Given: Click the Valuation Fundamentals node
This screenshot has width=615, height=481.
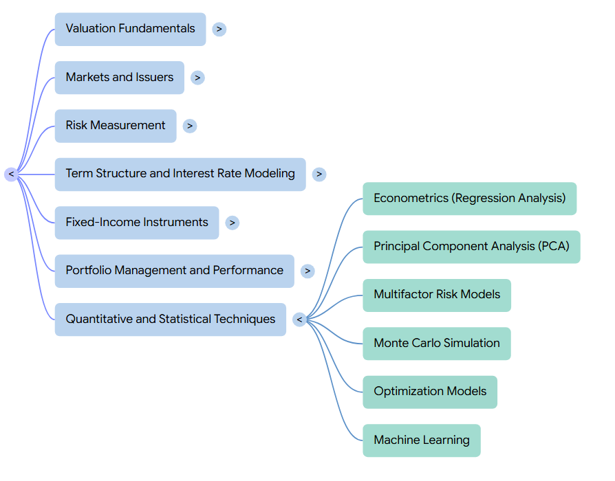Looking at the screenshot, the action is tap(130, 29).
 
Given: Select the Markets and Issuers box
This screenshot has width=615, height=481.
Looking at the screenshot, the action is tap(120, 78).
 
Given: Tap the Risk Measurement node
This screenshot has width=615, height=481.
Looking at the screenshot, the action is tap(116, 126).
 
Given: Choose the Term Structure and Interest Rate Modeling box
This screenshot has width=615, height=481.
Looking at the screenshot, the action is tap(180, 175).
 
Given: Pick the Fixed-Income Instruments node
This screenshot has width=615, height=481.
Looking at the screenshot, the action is tap(137, 223).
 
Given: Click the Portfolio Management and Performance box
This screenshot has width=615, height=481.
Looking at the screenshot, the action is tap(175, 271).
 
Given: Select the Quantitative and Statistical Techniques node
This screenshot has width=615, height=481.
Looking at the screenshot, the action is tap(171, 320).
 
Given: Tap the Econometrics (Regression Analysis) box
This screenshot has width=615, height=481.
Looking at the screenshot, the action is tap(469, 199).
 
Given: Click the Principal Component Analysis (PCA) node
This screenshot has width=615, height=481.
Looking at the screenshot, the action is tap(471, 247).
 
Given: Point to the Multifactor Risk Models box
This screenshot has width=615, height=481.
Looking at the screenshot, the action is tap(437, 295).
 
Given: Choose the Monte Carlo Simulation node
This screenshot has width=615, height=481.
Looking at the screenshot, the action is tap(437, 344).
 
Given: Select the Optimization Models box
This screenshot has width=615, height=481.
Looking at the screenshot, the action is tap(430, 392).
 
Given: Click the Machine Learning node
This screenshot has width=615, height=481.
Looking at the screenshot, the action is tap(422, 440).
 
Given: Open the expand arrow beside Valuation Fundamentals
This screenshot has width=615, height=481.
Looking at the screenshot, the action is tap(219, 29).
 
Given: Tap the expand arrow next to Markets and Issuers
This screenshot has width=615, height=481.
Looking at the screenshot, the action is tap(197, 78).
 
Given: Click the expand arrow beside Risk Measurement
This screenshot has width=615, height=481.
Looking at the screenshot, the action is tap(190, 126).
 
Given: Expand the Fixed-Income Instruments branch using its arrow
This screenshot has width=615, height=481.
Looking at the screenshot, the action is tap(233, 223).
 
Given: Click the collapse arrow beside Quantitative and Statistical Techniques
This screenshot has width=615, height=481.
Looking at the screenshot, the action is tap(300, 320).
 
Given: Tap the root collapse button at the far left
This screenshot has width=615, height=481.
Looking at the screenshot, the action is tap(12, 175).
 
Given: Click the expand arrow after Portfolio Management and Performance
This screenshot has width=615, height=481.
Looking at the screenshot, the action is tap(307, 271).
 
